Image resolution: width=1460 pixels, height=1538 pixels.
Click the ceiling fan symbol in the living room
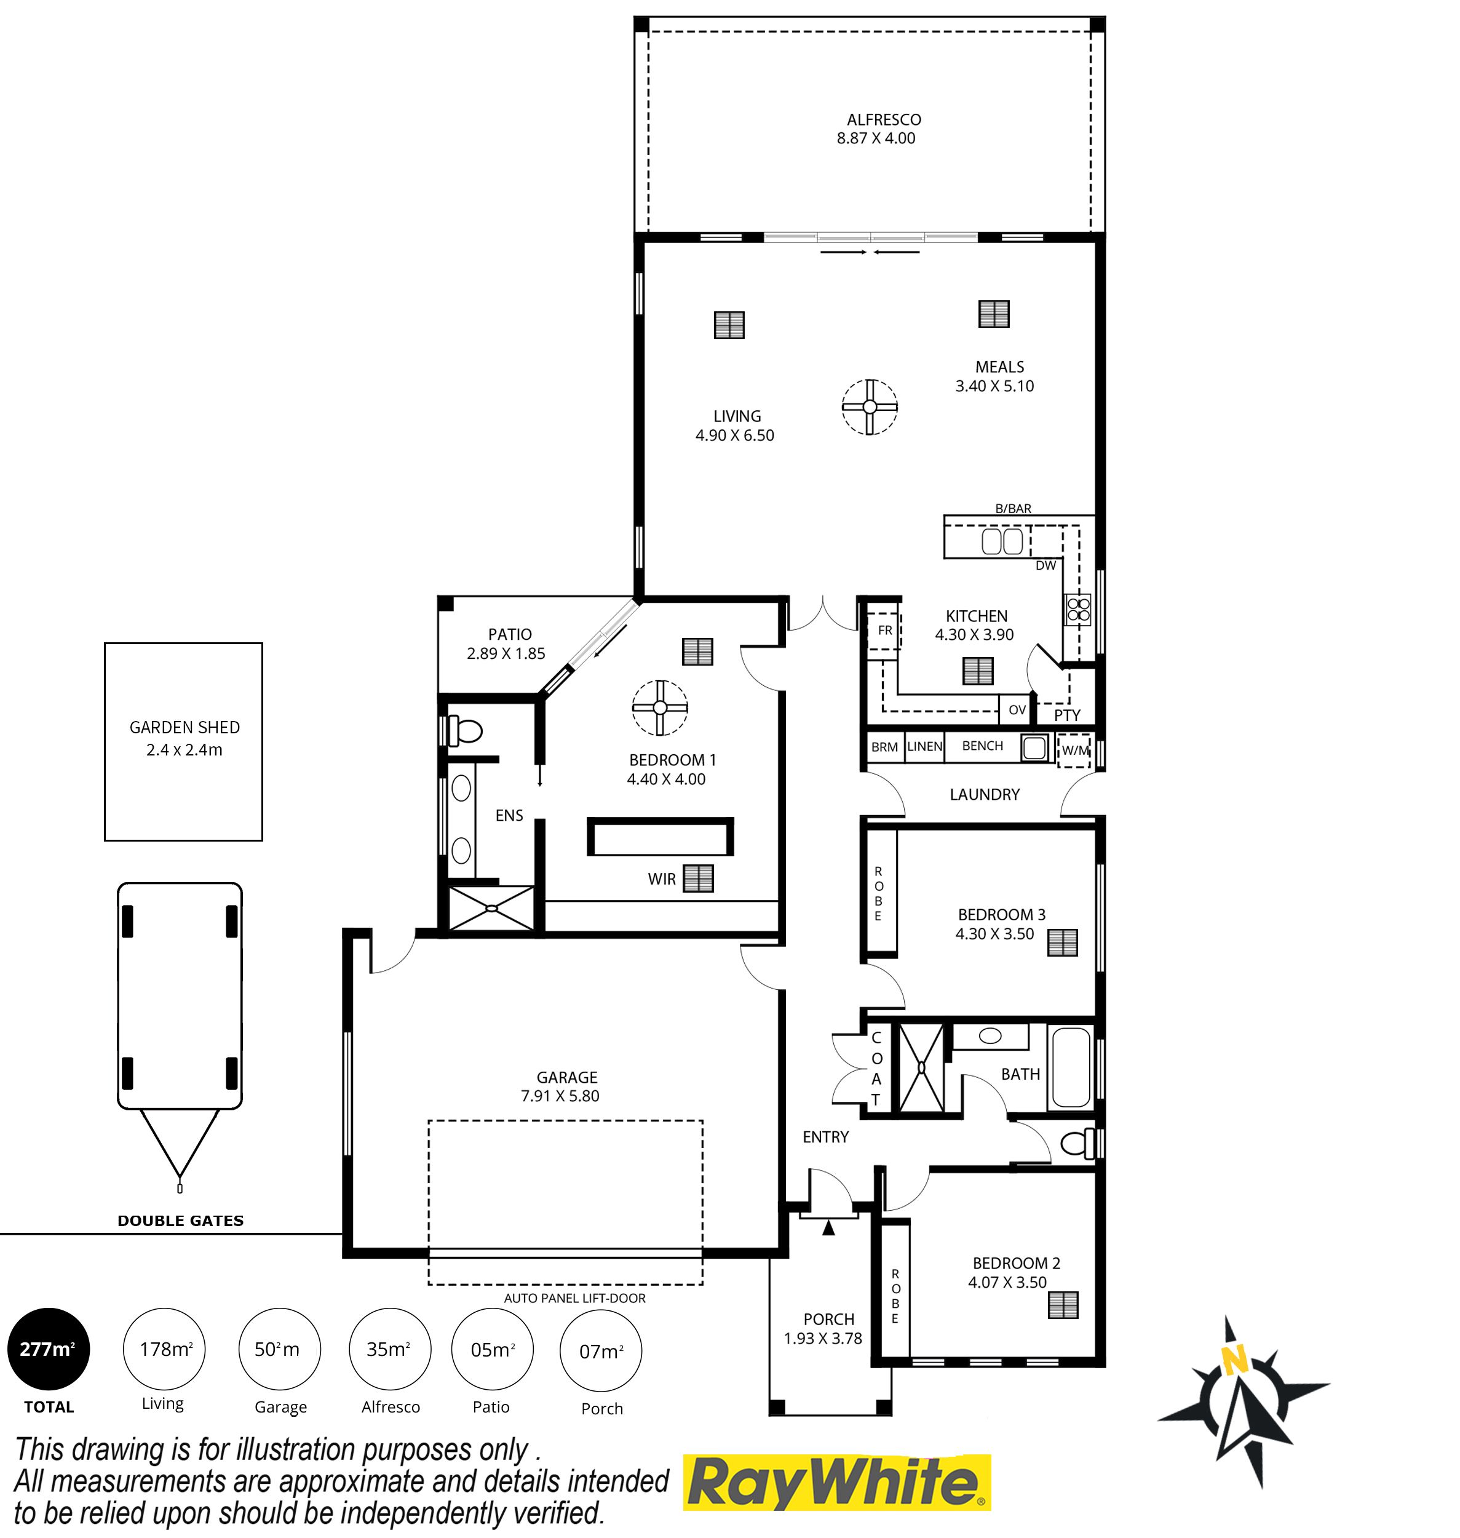(870, 406)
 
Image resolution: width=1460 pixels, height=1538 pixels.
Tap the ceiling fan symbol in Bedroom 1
(659, 707)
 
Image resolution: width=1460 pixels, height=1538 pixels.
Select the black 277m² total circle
(48, 1349)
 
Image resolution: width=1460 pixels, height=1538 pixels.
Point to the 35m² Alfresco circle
(389, 1349)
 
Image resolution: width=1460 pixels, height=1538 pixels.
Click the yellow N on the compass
(1234, 1361)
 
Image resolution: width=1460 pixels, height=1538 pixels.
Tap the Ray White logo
(836, 1482)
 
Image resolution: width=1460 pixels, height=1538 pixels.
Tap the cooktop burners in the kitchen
(1079, 608)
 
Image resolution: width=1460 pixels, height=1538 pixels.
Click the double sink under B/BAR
(1002, 541)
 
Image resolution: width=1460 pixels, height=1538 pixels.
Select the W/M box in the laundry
(1075, 751)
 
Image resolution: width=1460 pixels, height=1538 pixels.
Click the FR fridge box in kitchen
(884, 631)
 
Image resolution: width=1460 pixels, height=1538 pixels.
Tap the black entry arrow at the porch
(829, 1228)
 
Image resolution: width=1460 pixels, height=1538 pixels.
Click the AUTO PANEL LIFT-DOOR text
(574, 1298)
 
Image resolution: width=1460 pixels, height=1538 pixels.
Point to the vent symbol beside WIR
(698, 878)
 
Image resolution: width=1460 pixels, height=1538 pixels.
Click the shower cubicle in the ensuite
(492, 907)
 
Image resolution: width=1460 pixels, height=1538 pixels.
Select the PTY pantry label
(1067, 714)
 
